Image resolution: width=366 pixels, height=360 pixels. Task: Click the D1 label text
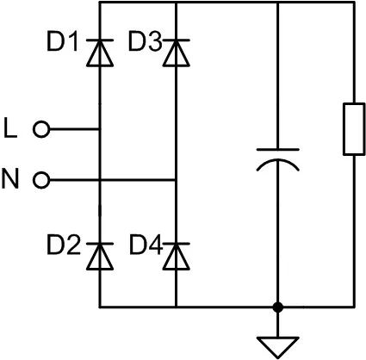(62, 42)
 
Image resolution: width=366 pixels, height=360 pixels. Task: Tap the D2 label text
(64, 245)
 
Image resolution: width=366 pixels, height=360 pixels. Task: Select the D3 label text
(145, 42)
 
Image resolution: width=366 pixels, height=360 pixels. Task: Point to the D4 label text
(146, 245)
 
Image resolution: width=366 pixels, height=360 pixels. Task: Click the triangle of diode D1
(100, 54)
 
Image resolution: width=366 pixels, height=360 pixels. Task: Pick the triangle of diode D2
(100, 257)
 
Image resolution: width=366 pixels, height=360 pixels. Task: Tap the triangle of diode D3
(176, 54)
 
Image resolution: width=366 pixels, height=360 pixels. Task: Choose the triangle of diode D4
(176, 257)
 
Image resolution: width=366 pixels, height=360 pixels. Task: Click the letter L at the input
(10, 128)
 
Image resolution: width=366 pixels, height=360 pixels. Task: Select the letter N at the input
(10, 179)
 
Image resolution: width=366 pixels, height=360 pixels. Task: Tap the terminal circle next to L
(41, 129)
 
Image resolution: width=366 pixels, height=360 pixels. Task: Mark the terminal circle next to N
(41, 180)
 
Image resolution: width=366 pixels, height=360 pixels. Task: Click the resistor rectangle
(354, 129)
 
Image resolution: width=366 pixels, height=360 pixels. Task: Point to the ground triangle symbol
(277, 345)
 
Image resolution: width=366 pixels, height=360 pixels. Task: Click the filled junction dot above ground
(277, 307)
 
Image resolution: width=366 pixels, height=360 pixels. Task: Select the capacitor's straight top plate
(277, 150)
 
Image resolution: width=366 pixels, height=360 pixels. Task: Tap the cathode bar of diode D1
(100, 40)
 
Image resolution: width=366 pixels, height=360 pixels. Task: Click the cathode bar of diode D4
(176, 244)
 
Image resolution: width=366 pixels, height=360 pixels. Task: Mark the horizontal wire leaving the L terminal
(75, 129)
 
